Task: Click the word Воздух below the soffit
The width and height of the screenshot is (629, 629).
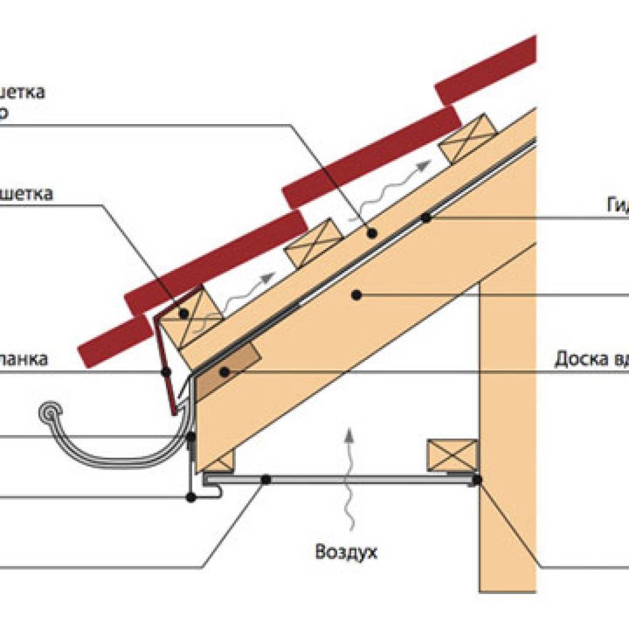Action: tap(346, 551)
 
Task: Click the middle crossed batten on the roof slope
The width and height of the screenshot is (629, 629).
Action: tap(312, 243)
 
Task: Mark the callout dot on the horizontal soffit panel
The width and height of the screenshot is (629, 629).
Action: tap(266, 479)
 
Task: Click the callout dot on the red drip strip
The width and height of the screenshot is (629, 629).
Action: tap(165, 372)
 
